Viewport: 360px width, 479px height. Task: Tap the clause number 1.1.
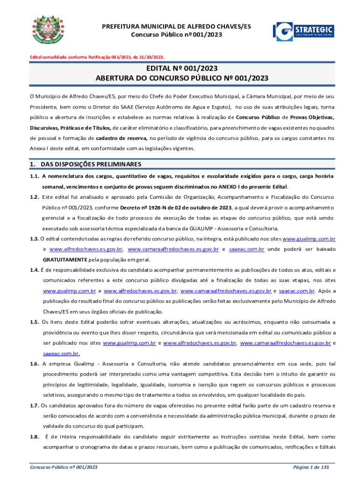click(34, 176)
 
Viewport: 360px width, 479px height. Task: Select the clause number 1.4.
click(34, 270)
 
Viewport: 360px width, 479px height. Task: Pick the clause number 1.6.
click(34, 363)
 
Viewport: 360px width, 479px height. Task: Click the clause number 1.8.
click(34, 436)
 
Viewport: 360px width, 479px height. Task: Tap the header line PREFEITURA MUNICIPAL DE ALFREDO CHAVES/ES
click(176, 27)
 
